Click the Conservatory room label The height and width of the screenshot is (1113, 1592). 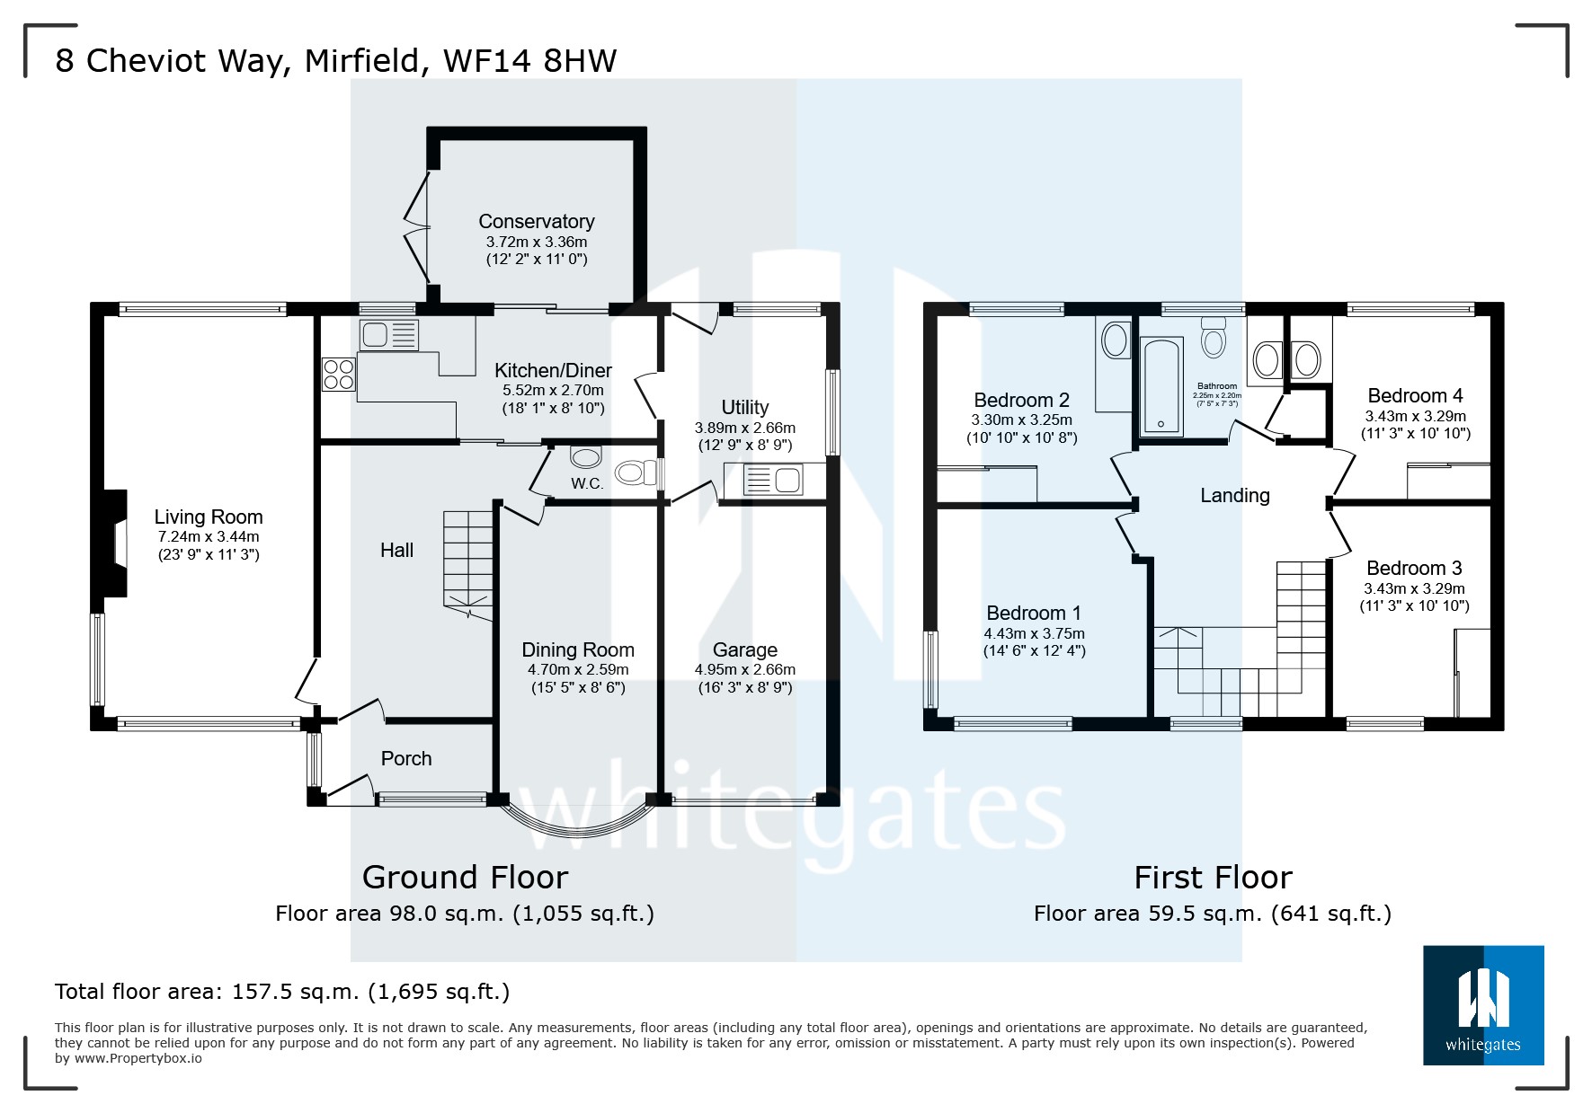[x=536, y=221]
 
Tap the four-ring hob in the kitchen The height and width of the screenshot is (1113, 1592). [x=339, y=374]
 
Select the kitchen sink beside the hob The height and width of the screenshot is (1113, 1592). [x=388, y=335]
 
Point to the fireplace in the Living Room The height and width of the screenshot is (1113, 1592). [x=114, y=543]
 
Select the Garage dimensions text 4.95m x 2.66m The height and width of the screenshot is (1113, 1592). [x=744, y=669]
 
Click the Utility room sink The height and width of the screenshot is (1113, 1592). [x=772, y=481]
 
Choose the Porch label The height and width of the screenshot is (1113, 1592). [x=406, y=758]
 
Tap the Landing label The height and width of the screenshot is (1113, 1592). [x=1235, y=495]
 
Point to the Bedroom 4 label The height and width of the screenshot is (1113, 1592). [x=1415, y=395]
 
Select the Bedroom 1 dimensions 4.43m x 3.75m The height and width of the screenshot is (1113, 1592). [x=1034, y=633]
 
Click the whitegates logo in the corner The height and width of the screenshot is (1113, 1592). [x=1483, y=1005]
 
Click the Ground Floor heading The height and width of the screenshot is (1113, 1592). [x=465, y=877]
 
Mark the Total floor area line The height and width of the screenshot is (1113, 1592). [x=282, y=992]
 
